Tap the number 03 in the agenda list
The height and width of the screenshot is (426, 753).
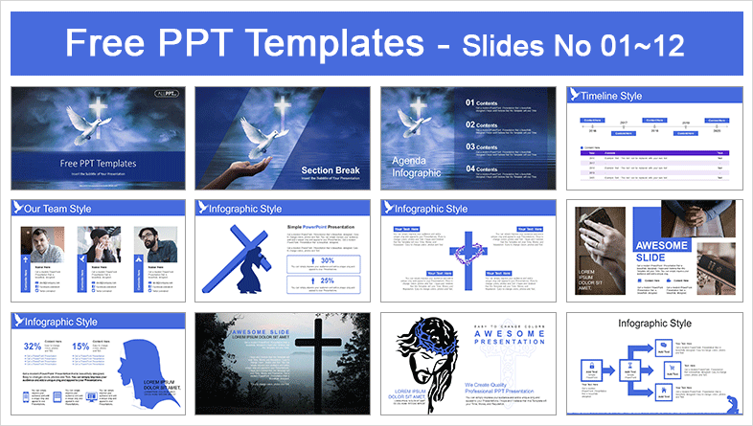[x=471, y=146]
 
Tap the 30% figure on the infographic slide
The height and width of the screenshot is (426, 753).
[x=328, y=259]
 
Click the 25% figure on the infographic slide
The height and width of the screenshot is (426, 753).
[x=328, y=280]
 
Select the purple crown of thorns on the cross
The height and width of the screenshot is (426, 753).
[x=469, y=255]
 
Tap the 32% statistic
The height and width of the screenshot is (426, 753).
[x=34, y=346]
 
